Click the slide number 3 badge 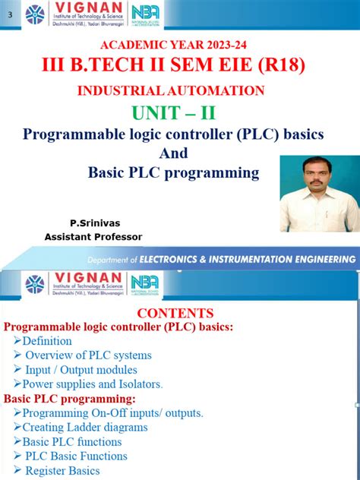(10, 13)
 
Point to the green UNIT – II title (173, 114)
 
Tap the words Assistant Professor (93, 237)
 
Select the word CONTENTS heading (175, 313)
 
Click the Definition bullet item (46, 341)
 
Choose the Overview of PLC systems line (88, 355)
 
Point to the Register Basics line (62, 471)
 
